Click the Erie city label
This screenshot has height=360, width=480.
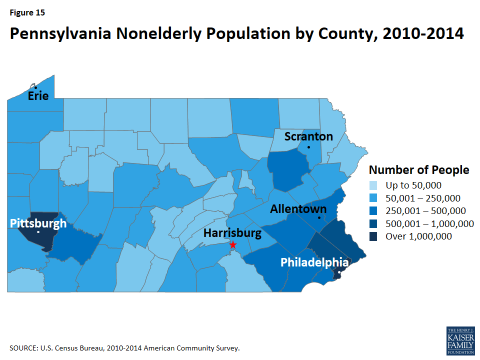(x=38, y=95)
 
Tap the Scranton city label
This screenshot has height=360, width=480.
(x=308, y=136)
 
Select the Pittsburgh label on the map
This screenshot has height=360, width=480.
(x=38, y=223)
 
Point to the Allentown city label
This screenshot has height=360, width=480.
(x=298, y=209)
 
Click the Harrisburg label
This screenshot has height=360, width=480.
(x=232, y=233)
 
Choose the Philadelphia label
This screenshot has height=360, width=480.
(x=314, y=262)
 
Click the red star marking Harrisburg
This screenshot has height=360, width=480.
(x=232, y=244)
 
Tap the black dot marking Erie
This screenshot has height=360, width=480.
(x=35, y=87)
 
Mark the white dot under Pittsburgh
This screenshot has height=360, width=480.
(x=38, y=232)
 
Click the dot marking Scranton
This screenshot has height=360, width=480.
(x=308, y=147)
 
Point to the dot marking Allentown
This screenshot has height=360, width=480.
(x=319, y=217)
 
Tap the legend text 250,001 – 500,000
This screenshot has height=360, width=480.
(x=426, y=211)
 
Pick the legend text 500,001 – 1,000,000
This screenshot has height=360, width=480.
(x=429, y=223)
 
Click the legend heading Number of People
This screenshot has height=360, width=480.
(x=418, y=170)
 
